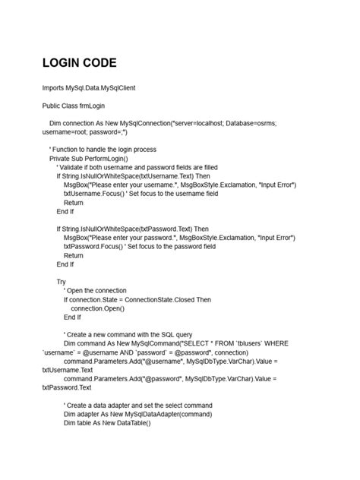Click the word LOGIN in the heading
(x=65, y=62)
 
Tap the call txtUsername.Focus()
(x=95, y=194)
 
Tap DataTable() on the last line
(x=131, y=422)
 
